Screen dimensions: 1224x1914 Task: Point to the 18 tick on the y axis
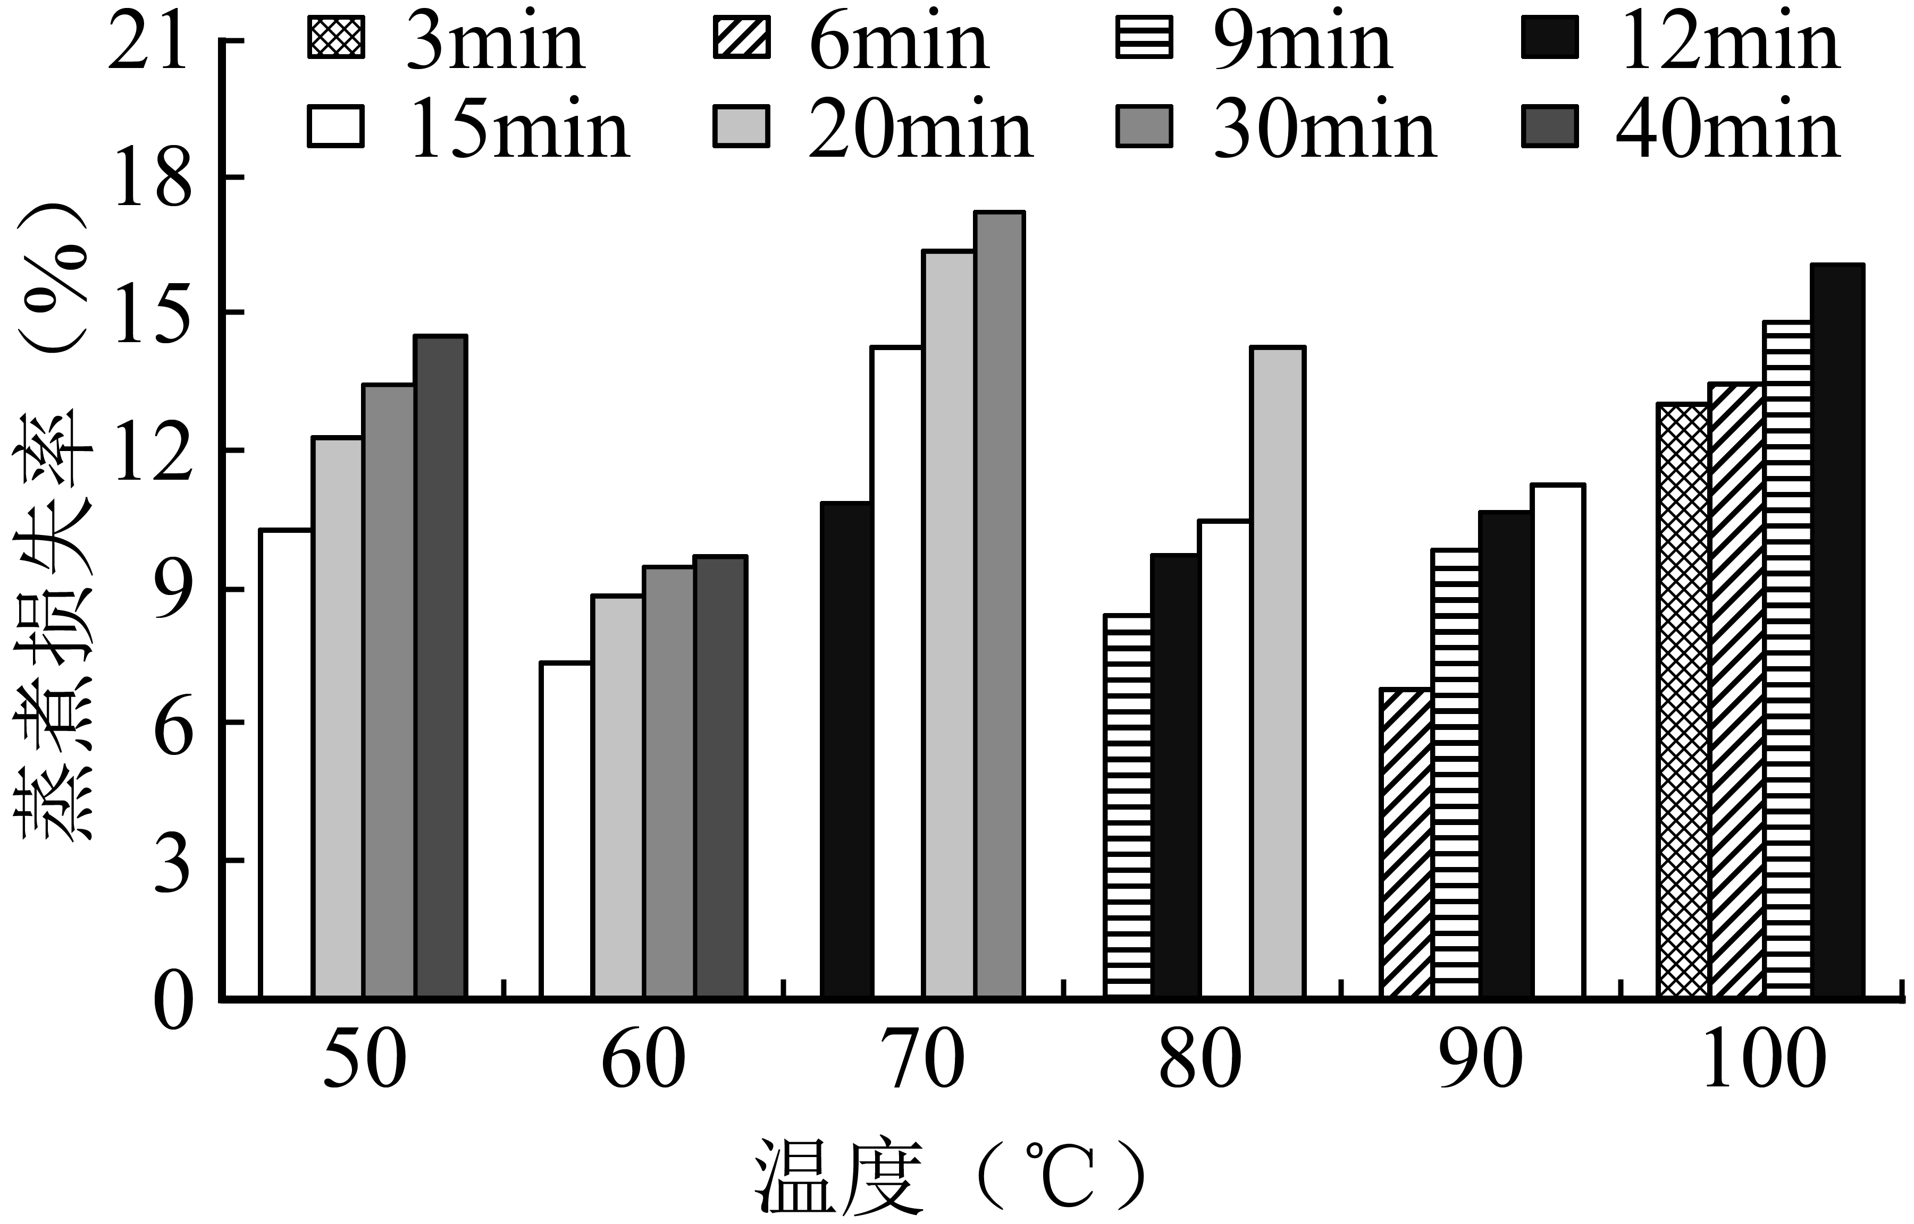pos(154,181)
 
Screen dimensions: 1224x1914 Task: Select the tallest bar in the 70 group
pos(1000,604)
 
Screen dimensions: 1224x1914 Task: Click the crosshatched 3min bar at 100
pos(1683,700)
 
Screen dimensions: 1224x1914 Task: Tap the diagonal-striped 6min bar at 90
pos(1406,843)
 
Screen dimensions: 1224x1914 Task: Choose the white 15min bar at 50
pos(286,763)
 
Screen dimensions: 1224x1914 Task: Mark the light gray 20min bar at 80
pos(1278,671)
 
